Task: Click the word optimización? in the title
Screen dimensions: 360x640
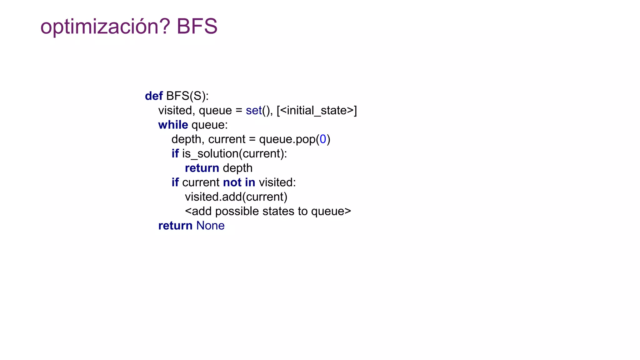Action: pyautogui.click(x=105, y=27)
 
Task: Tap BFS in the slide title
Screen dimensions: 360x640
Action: pyautogui.click(x=197, y=26)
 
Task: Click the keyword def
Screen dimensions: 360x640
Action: pyautogui.click(x=154, y=96)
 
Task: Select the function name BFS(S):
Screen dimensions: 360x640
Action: pyautogui.click(x=187, y=96)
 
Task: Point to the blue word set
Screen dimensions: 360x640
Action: pyautogui.click(x=253, y=110)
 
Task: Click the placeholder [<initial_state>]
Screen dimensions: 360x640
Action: pyautogui.click(x=317, y=110)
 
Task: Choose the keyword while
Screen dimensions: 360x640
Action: pyautogui.click(x=173, y=125)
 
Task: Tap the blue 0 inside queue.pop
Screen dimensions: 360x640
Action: pyautogui.click(x=323, y=139)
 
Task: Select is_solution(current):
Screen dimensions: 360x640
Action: pyautogui.click(x=234, y=153)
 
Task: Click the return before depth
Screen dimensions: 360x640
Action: pyautogui.click(x=202, y=168)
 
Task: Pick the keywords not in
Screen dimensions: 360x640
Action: pyautogui.click(x=239, y=182)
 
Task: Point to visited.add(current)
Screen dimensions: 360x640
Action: pyautogui.click(x=236, y=197)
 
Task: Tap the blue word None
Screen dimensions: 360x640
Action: pyautogui.click(x=210, y=226)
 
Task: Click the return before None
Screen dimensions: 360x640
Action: pyautogui.click(x=175, y=226)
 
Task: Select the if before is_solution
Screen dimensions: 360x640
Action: pyautogui.click(x=175, y=153)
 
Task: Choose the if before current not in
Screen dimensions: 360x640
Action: pyautogui.click(x=175, y=182)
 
